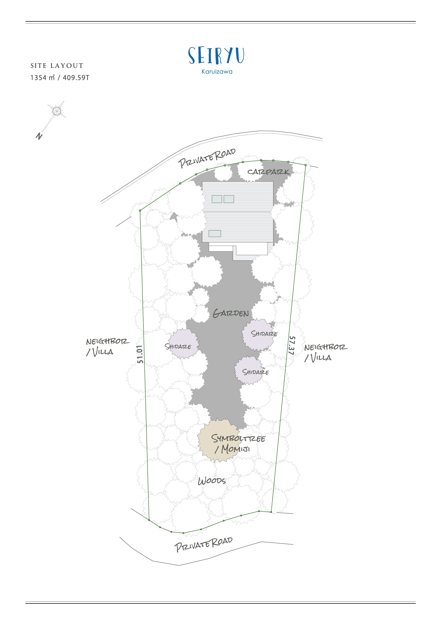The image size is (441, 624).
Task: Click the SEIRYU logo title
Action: click(216, 56)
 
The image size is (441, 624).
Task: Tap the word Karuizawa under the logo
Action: click(217, 72)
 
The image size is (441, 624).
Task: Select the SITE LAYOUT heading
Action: click(57, 66)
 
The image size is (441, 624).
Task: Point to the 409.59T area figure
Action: click(76, 78)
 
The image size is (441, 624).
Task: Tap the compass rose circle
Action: click(56, 111)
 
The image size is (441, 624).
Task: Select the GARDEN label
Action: click(231, 313)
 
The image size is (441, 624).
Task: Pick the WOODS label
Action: click(212, 481)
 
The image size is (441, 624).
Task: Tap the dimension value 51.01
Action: click(140, 354)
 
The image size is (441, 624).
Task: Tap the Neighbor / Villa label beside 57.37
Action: click(326, 353)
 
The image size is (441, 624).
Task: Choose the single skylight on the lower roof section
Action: click(215, 233)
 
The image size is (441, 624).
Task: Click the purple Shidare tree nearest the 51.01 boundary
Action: click(183, 344)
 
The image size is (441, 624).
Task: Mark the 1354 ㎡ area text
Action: click(43, 78)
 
